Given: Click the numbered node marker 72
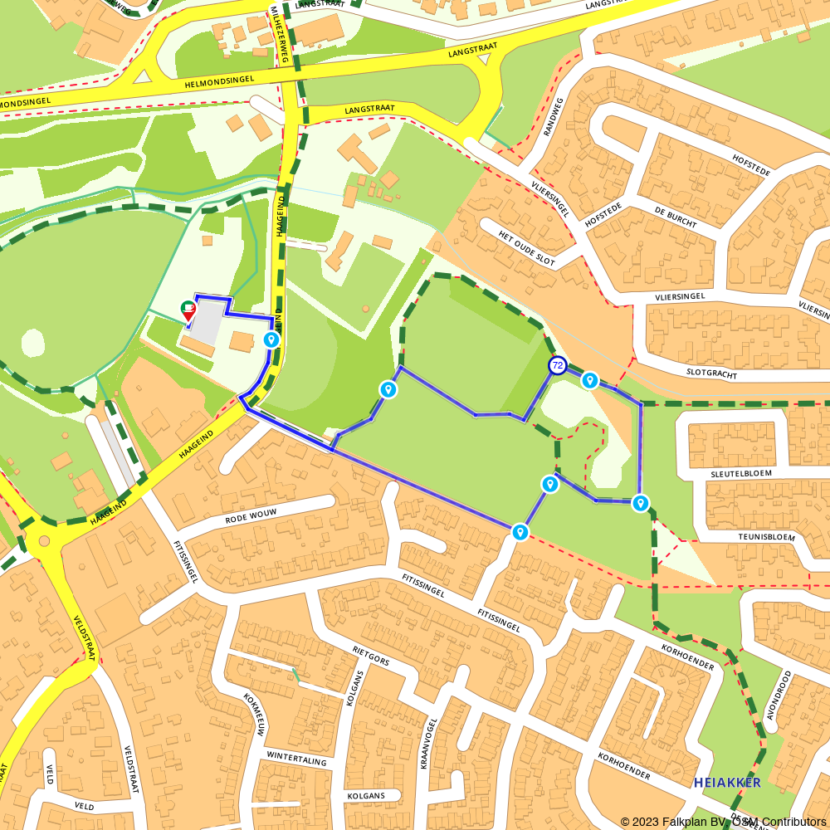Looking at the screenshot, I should tap(558, 365).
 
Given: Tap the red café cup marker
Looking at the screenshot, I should tap(188, 310).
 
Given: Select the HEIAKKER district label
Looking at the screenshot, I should tap(727, 783).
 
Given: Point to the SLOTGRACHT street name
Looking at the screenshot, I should tap(712, 374).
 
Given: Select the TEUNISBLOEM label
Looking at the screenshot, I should tap(766, 537).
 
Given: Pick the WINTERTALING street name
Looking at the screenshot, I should tap(297, 759).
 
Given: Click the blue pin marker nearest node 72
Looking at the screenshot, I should tap(589, 380).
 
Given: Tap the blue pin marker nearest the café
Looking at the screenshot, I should tap(271, 339).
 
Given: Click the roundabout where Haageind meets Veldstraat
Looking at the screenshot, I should tap(43, 544).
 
